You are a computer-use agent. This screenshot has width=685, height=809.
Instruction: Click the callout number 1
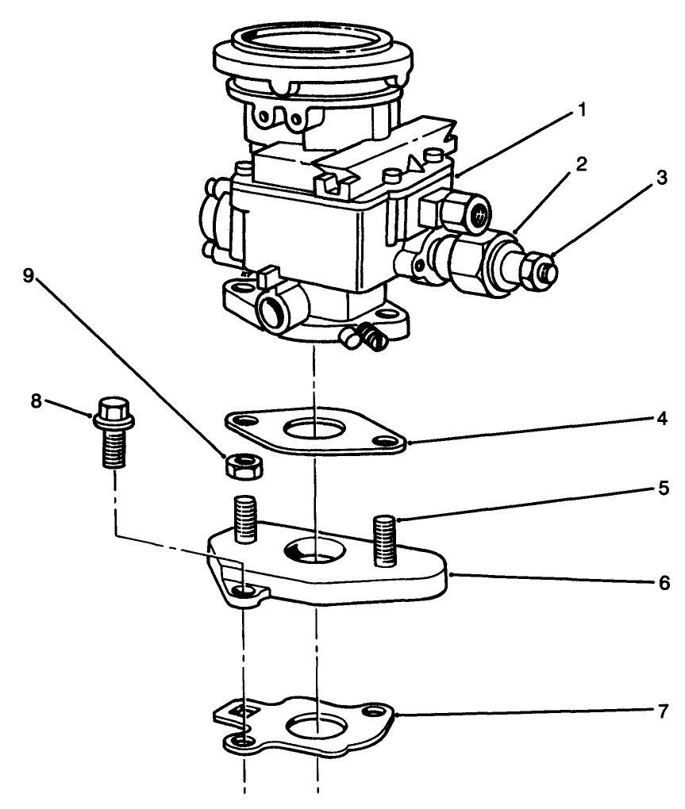[x=582, y=109]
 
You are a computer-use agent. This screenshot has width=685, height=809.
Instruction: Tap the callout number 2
[x=582, y=165]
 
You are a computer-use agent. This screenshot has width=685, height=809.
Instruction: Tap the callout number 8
[x=37, y=401]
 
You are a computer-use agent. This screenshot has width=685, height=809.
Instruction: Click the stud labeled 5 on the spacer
[x=384, y=539]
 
